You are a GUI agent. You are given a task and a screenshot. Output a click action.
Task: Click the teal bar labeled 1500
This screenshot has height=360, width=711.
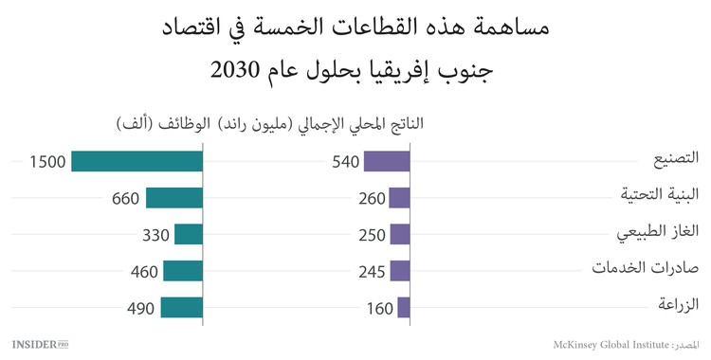point(137,161)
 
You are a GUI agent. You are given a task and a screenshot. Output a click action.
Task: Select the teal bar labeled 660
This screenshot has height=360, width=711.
point(174,197)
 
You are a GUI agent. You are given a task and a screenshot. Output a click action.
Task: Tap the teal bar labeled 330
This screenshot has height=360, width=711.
point(189,234)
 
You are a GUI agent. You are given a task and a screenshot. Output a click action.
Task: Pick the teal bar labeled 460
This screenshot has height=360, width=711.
point(183,271)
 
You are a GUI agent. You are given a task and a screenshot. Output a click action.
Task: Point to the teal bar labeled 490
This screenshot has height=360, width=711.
point(182,307)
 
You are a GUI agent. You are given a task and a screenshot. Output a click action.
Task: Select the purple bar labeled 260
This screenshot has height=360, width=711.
point(399,197)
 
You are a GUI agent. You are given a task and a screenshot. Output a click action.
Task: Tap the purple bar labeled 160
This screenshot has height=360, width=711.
point(404,307)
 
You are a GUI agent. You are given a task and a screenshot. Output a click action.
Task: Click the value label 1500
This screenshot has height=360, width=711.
point(47,162)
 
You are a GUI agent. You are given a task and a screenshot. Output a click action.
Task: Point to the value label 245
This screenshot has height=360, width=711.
point(372,272)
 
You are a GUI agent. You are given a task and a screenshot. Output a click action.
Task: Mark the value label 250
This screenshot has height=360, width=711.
point(372,235)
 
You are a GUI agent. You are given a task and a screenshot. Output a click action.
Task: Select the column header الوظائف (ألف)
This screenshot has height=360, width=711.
point(175,125)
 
